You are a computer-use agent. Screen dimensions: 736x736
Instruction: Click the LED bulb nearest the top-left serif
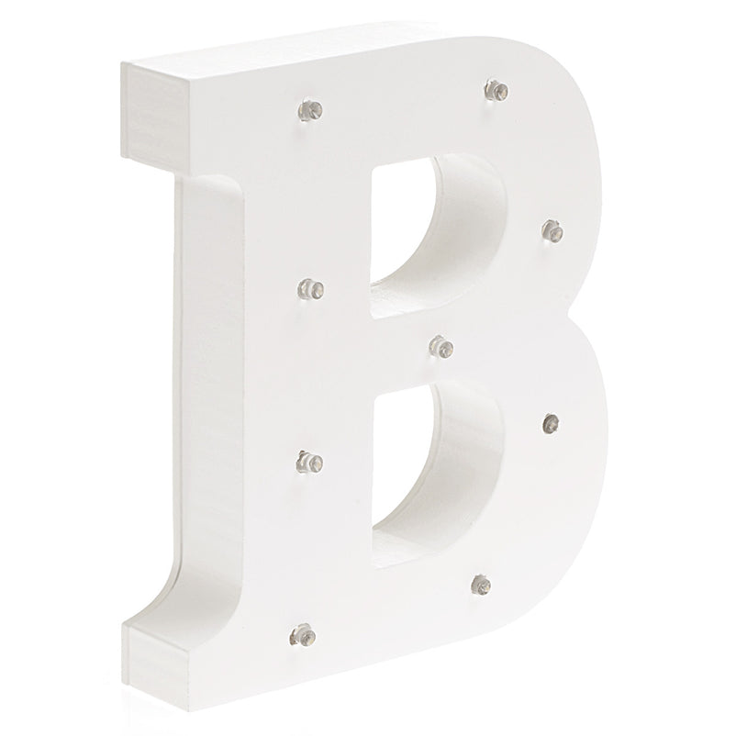(x=310, y=111)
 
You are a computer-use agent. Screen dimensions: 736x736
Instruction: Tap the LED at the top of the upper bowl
(x=496, y=90)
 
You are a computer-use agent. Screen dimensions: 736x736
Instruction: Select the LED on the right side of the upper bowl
(x=552, y=231)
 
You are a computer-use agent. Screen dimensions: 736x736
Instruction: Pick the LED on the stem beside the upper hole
(x=310, y=289)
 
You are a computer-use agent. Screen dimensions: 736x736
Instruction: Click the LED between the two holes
(x=441, y=347)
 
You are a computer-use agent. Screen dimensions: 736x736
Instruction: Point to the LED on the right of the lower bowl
(x=551, y=424)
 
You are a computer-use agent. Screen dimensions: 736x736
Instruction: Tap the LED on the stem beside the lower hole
(x=310, y=463)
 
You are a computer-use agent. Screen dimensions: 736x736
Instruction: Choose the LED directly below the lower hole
(x=481, y=585)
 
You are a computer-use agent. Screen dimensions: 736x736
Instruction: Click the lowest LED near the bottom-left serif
(x=303, y=636)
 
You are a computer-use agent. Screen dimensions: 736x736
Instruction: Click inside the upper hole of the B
(x=404, y=226)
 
